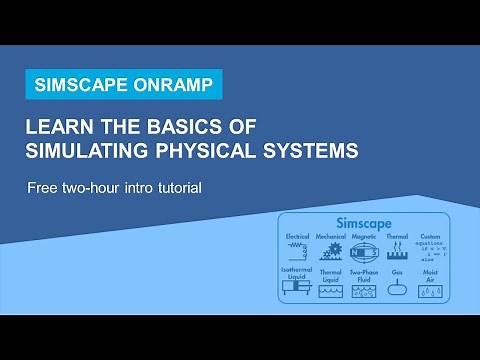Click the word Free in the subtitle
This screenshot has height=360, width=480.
42,187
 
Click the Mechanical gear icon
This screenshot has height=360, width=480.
331,253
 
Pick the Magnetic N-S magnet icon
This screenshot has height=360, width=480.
365,253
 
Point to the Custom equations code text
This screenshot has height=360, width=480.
432,250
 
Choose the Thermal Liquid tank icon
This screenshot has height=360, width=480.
331,290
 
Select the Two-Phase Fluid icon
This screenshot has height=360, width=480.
364,290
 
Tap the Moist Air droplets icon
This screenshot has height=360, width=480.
432,290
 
